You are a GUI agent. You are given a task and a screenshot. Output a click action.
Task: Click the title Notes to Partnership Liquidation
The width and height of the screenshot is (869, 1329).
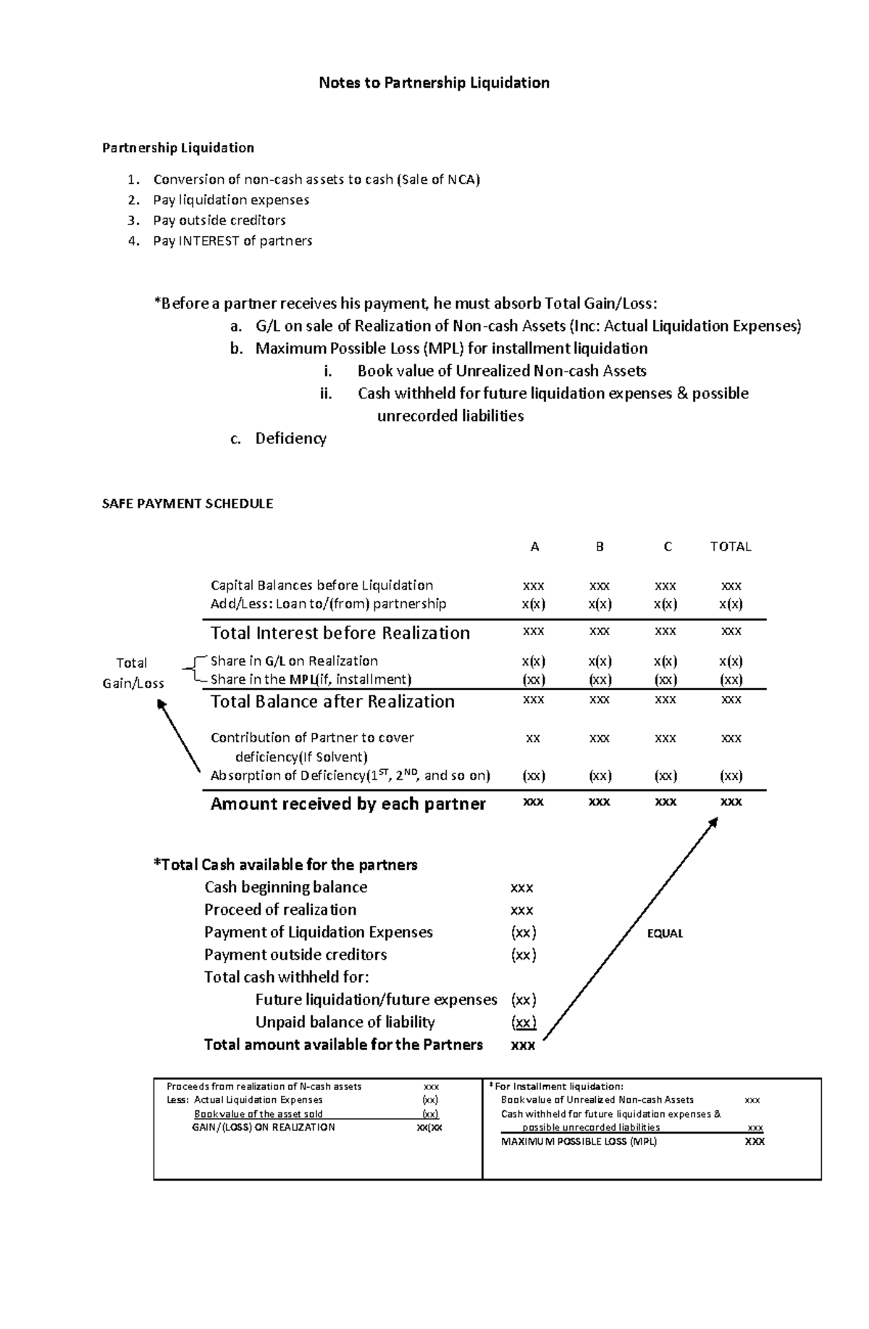click(434, 83)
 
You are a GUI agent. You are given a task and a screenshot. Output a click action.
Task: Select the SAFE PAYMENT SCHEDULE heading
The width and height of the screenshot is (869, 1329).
click(188, 503)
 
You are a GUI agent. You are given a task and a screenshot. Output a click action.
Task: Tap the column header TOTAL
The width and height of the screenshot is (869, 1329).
click(730, 547)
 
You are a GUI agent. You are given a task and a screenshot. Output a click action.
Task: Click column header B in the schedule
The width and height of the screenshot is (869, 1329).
click(599, 547)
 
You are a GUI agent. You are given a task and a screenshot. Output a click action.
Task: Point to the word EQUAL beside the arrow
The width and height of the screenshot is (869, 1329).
click(665, 934)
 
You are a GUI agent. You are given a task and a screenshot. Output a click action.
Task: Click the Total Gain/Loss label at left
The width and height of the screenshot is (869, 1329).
click(133, 673)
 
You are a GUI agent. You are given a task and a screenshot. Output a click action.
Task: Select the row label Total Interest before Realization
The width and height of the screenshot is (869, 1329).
click(340, 633)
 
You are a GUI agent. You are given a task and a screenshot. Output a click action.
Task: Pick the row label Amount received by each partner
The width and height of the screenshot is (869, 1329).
click(348, 803)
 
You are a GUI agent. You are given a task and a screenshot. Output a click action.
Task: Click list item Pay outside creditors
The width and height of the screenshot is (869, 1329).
click(219, 220)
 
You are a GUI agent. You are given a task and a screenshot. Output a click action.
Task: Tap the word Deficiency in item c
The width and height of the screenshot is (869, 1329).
click(290, 438)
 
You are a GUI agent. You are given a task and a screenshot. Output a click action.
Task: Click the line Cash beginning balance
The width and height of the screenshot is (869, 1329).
click(285, 887)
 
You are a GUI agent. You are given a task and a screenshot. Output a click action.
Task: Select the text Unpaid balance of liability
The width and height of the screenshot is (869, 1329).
click(345, 1022)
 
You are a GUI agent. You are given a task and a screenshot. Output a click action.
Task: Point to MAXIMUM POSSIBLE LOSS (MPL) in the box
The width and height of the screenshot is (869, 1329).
click(579, 1141)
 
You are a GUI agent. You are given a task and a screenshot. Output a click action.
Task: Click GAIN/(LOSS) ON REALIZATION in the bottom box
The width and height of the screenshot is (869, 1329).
click(263, 1127)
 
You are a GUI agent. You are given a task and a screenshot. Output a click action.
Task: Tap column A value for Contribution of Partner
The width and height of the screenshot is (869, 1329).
click(533, 738)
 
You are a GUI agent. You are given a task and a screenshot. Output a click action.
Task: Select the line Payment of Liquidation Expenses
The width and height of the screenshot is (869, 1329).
click(318, 932)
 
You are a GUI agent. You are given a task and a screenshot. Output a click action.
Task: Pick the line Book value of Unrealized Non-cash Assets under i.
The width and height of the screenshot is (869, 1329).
click(501, 371)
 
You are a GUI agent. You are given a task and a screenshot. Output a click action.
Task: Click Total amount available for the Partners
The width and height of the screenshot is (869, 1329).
click(343, 1044)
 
